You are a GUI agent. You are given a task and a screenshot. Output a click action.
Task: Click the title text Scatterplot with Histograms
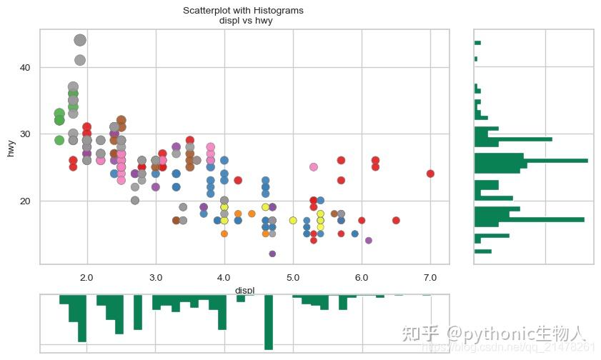tap(244, 11)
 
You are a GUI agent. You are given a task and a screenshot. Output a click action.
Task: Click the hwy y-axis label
tap(11, 149)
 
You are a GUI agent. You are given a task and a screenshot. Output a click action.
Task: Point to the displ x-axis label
tap(244, 290)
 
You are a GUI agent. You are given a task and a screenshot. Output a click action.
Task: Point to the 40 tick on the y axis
tap(25, 67)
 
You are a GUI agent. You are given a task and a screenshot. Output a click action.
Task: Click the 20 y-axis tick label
tap(25, 201)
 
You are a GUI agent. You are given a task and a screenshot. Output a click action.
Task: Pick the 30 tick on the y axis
tap(25, 134)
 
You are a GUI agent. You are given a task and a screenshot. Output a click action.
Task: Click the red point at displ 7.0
tap(430, 174)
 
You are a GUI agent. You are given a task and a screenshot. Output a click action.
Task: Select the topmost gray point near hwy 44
tap(80, 41)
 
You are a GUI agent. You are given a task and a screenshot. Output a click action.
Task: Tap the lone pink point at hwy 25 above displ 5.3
tap(314, 167)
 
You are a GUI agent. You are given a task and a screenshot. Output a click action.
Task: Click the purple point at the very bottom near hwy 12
tap(272, 254)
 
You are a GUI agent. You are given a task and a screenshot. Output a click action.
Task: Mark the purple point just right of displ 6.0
tap(369, 240)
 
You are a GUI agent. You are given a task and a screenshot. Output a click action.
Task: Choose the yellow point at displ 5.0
tap(293, 220)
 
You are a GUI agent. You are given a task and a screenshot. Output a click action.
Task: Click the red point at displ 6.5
tap(396, 220)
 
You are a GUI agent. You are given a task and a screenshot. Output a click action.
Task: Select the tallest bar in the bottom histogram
tap(269, 321)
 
